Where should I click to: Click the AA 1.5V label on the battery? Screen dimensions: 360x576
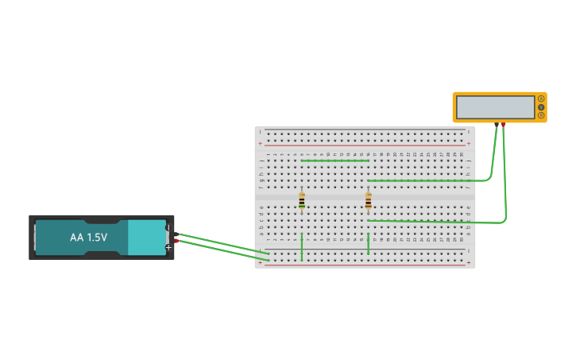(x=88, y=238)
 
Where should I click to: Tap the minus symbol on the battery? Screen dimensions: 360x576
(x=168, y=228)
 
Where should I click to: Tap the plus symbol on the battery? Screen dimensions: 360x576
(x=168, y=247)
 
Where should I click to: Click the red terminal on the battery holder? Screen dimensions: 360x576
(x=176, y=240)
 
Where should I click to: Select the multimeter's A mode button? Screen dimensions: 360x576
(x=541, y=99)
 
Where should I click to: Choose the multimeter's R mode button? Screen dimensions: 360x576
(x=541, y=115)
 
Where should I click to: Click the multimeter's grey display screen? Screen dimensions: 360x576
(x=495, y=107)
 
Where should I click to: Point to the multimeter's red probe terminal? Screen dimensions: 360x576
(x=503, y=125)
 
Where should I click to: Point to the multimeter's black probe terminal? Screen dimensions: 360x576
(x=497, y=125)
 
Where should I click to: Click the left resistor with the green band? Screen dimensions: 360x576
(x=302, y=200)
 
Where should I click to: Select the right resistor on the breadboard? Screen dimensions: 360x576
(x=368, y=200)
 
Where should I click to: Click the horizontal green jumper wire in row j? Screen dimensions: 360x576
(x=334, y=161)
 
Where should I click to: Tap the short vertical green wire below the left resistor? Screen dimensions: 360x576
(x=302, y=247)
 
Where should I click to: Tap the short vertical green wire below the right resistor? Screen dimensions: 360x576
(x=368, y=243)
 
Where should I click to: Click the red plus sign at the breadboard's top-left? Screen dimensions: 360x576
(x=260, y=144)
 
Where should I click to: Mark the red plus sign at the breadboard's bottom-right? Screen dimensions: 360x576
(x=468, y=262)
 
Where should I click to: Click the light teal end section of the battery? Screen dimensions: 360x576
(x=146, y=238)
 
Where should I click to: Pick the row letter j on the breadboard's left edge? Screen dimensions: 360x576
(x=261, y=161)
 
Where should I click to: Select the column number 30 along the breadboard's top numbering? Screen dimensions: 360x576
(x=461, y=154)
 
